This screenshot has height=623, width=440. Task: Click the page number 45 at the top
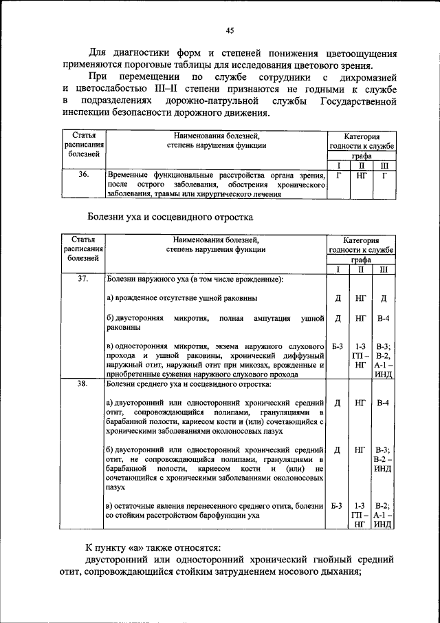coord(230,30)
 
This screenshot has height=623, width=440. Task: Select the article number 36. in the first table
coord(83,176)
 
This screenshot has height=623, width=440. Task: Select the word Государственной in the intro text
coord(358,101)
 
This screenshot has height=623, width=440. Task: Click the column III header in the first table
coord(384,166)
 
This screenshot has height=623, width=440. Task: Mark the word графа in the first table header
coord(361,156)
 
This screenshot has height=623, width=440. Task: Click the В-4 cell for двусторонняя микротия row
coord(384,319)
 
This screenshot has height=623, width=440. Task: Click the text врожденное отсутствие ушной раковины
coord(182,298)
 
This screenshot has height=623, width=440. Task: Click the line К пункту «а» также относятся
coord(153,547)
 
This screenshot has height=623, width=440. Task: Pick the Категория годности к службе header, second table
coord(361,244)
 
